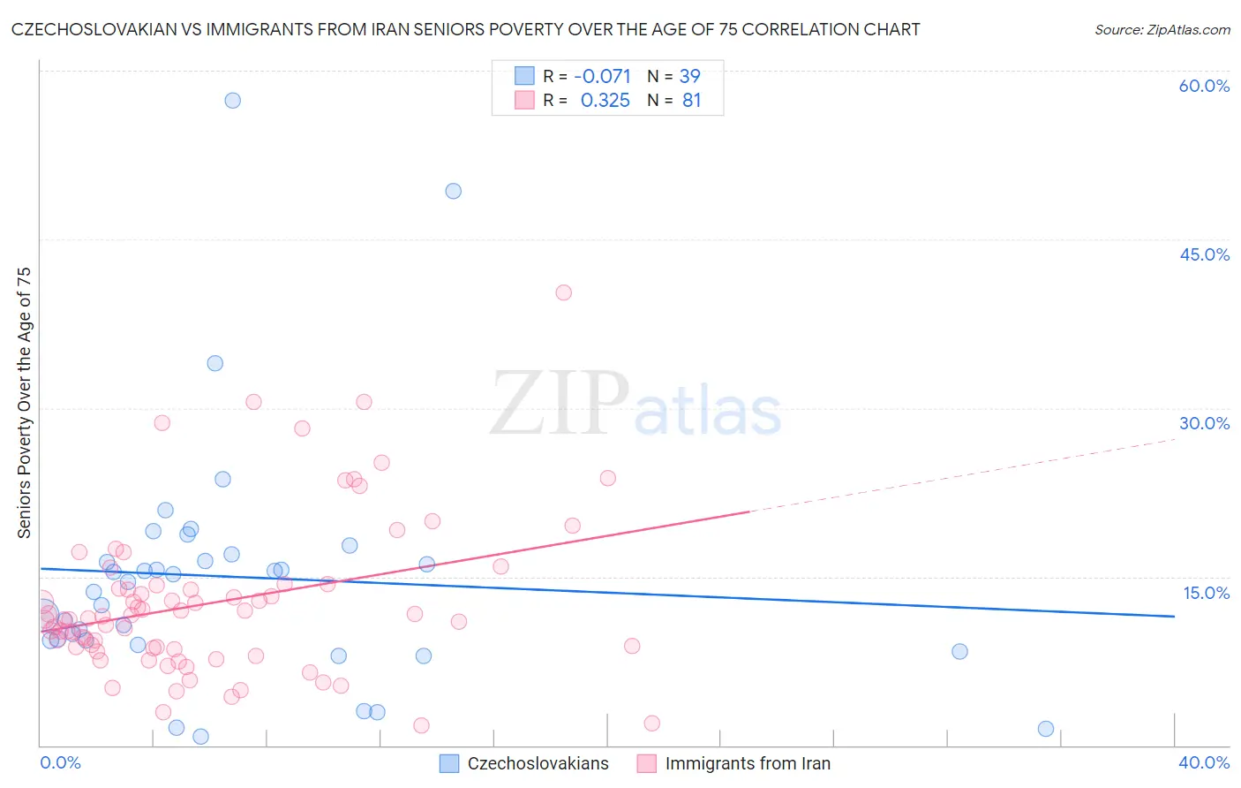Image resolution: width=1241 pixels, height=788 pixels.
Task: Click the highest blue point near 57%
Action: tap(232, 100)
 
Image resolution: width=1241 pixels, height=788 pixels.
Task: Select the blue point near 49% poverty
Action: tap(454, 191)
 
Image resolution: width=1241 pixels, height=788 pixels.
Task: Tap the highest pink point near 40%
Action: tap(564, 292)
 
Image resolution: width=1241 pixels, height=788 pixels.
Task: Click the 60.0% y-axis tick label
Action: tap(1204, 86)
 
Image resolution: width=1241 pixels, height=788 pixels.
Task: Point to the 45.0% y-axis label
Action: tap(1204, 254)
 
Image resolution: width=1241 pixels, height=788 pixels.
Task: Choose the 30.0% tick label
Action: tap(1204, 423)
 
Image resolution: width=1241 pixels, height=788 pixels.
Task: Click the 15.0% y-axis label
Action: tap(1206, 593)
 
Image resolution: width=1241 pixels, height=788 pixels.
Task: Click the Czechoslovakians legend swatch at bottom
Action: tap(449, 763)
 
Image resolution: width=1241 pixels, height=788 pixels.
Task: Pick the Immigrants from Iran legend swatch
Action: tap(647, 763)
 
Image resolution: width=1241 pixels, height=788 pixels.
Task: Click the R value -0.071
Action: tap(602, 77)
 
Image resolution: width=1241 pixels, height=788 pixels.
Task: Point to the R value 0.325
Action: tap(605, 101)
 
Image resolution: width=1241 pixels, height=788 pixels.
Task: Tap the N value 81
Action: tap(692, 101)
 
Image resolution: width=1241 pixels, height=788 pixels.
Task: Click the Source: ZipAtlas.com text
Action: tap(1162, 30)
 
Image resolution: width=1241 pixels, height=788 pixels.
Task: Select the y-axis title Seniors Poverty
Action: tap(25, 403)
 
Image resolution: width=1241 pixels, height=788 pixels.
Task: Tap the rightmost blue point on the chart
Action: tap(1046, 729)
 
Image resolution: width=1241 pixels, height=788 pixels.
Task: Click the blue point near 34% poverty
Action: tap(214, 363)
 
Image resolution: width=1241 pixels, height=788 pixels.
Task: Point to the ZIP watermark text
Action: tap(560, 404)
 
